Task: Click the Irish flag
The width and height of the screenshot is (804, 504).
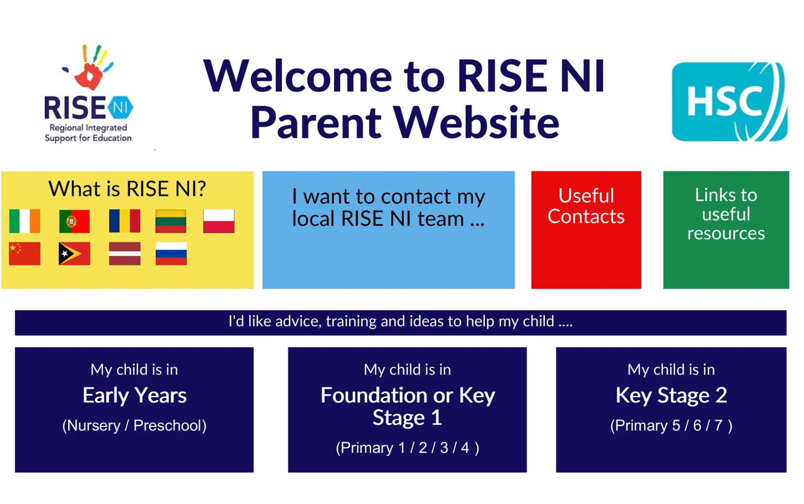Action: click(x=25, y=221)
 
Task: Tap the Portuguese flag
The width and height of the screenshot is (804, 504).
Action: click(x=74, y=221)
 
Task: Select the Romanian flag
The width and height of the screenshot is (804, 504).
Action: click(x=124, y=221)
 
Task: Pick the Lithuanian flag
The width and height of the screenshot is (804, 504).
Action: click(x=171, y=221)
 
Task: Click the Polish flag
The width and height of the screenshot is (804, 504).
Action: click(x=218, y=221)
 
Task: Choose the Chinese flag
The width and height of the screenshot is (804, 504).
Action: click(x=25, y=253)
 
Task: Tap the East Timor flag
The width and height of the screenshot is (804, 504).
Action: click(x=74, y=253)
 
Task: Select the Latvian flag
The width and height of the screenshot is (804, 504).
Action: click(x=124, y=253)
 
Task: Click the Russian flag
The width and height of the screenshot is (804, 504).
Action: click(x=171, y=253)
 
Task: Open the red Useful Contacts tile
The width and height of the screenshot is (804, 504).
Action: click(x=586, y=230)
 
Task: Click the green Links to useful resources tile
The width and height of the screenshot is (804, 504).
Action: click(x=726, y=230)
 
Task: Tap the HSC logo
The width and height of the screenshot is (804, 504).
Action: click(x=729, y=101)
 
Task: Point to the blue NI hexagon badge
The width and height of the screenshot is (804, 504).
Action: click(x=120, y=107)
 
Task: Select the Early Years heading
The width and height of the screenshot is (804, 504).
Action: click(x=134, y=395)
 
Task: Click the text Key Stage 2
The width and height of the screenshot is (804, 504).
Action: click(x=671, y=395)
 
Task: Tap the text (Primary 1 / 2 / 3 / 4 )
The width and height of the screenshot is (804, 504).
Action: click(x=407, y=447)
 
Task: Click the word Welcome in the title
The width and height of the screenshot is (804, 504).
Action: click(x=298, y=76)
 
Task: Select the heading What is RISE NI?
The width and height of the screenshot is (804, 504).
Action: click(x=127, y=189)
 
